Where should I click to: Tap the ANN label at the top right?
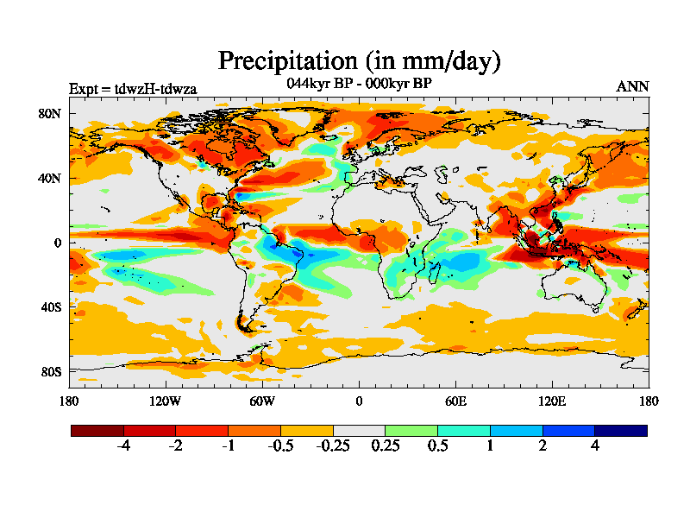pos(632,86)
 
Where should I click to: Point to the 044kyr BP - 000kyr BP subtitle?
pos(359,83)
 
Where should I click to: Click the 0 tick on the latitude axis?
pos(58,243)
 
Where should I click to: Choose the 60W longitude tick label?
pos(261,401)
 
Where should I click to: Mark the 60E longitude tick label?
pos(455,401)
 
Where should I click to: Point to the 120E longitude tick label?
pos(552,401)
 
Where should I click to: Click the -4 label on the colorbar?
pos(123,446)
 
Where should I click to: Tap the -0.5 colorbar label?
pos(280,446)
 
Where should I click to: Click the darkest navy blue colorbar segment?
pos(620,430)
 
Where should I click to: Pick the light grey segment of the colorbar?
pos(359,430)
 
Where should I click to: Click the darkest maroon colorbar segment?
pos(97,430)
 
